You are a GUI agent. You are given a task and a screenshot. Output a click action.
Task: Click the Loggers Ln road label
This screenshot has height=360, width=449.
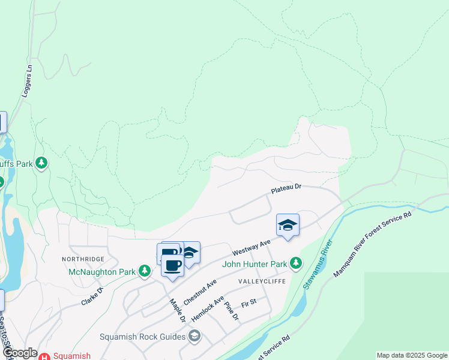(x=28, y=87)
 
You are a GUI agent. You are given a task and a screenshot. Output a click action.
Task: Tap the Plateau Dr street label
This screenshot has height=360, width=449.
(x=285, y=189)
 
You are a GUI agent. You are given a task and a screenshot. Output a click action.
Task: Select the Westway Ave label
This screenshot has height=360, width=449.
(x=249, y=245)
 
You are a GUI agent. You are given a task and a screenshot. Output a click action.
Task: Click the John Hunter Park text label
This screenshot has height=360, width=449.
(x=255, y=263)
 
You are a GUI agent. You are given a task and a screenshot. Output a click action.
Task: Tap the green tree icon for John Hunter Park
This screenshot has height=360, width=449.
(x=296, y=263)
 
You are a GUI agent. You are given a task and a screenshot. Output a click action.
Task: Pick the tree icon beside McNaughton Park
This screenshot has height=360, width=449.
(x=144, y=271)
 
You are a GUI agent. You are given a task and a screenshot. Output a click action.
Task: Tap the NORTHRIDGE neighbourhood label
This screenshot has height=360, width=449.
(x=83, y=259)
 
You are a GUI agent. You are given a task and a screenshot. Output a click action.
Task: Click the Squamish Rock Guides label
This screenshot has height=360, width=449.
(x=142, y=337)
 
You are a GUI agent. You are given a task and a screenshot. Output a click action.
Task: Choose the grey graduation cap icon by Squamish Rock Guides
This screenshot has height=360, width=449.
(x=194, y=336)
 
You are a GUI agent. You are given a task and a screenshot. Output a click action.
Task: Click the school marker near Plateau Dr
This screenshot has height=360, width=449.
(x=288, y=226)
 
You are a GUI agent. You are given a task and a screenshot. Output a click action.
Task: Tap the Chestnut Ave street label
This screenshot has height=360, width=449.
(x=200, y=291)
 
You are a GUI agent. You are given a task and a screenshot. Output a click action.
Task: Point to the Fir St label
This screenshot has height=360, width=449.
(x=249, y=305)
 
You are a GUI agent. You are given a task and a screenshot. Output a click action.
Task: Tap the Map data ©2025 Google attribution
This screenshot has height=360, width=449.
(x=412, y=355)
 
